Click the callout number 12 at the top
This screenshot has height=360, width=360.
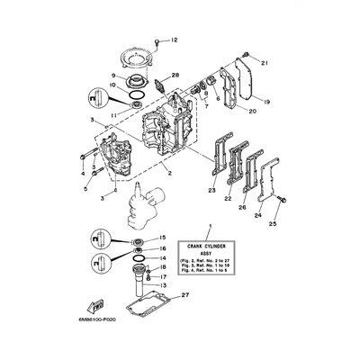(175, 40)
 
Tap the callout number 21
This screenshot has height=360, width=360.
(265, 64)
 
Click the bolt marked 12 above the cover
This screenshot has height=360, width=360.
(159, 41)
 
